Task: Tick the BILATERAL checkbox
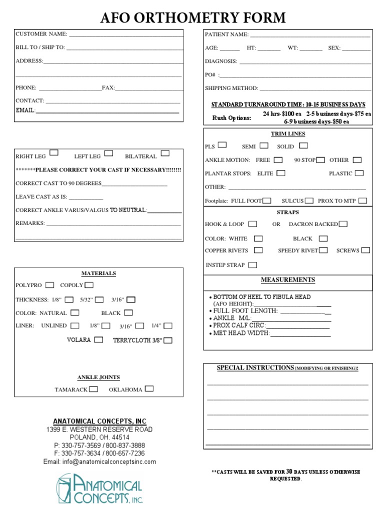(x=165, y=153)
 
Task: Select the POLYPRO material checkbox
(x=49, y=285)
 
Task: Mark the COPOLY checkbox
(x=89, y=285)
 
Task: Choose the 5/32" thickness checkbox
(x=99, y=299)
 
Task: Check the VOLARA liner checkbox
(x=98, y=340)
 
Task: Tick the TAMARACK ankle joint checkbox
(x=93, y=389)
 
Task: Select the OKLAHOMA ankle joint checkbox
(x=149, y=388)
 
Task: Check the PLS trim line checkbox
(x=222, y=145)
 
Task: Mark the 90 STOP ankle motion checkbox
(x=320, y=160)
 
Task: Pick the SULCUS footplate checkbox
(x=309, y=200)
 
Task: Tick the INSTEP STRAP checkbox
(x=253, y=265)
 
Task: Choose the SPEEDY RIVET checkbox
(x=323, y=250)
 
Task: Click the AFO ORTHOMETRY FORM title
(x=193, y=18)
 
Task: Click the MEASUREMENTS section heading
(x=287, y=280)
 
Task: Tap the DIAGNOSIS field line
(x=305, y=62)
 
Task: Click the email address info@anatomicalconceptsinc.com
(x=99, y=462)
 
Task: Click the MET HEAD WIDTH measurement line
(x=300, y=334)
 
